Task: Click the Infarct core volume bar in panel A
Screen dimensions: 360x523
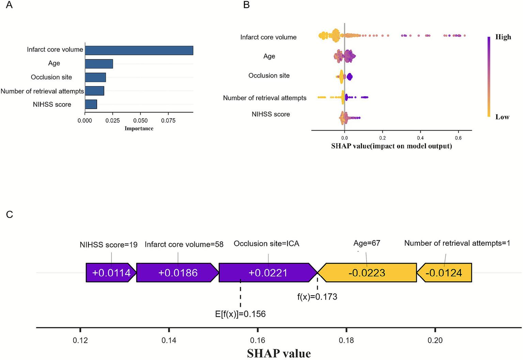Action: coord(139,50)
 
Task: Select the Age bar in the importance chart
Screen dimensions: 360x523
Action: coord(99,64)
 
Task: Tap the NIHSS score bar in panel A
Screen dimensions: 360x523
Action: coord(91,104)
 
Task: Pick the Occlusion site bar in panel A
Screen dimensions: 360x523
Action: coord(95,77)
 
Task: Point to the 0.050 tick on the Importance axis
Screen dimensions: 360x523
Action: coord(140,120)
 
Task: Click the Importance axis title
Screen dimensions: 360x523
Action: coord(139,129)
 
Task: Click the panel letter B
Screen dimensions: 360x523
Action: coord(246,5)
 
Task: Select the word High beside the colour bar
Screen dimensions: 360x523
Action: coord(503,37)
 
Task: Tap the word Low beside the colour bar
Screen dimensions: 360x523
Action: coord(502,117)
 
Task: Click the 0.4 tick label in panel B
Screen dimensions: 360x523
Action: coord(420,138)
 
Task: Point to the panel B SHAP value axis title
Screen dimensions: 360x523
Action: coord(391,146)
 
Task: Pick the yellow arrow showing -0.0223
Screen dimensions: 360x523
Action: coord(367,273)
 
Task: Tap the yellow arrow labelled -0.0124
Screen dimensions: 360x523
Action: coord(444,273)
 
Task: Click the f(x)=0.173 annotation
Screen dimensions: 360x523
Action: coord(317,297)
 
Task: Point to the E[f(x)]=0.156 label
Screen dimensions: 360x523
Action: coord(240,314)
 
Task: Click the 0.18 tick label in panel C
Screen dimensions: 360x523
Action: coord(346,340)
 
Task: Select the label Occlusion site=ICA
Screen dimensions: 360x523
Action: coord(266,244)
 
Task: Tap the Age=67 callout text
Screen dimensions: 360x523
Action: coord(367,243)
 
